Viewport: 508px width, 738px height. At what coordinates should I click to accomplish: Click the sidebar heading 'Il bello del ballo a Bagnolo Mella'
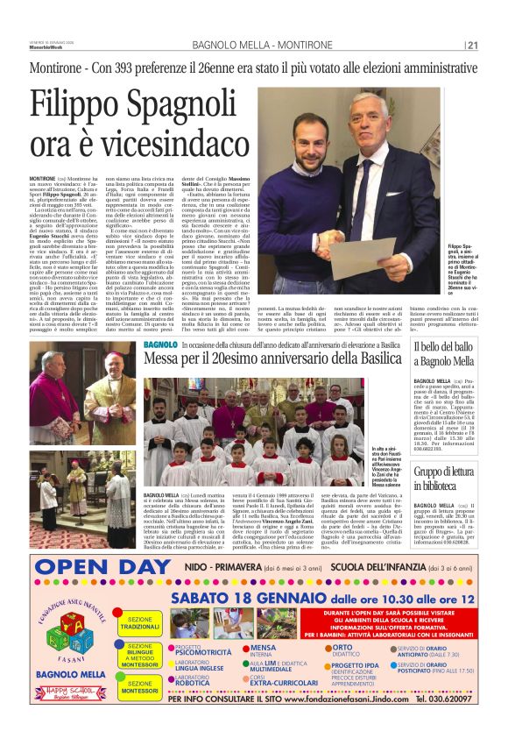coord(446,355)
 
